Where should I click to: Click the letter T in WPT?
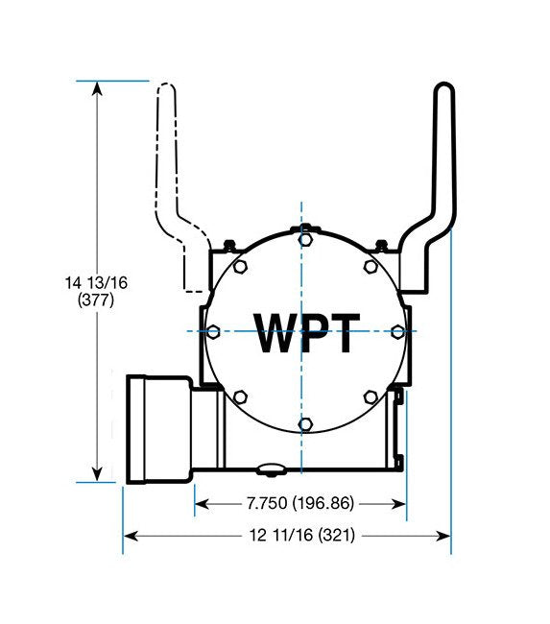point(343,333)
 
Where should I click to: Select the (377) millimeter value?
point(96,300)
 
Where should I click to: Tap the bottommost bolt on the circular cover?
point(303,423)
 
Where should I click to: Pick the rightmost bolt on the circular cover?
point(396,330)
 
